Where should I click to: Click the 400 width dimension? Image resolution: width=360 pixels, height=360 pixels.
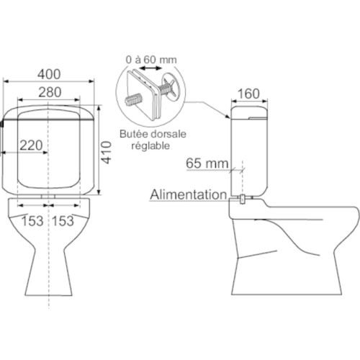[49, 74]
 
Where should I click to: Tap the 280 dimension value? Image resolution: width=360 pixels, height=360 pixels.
[50, 92]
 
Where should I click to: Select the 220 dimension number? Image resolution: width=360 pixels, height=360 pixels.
[31, 145]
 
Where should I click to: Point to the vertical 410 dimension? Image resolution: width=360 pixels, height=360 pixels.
[107, 153]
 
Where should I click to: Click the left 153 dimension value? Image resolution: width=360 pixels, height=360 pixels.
[32, 221]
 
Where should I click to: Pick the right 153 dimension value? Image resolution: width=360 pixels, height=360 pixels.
[63, 221]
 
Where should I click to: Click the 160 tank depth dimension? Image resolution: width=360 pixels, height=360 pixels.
[248, 94]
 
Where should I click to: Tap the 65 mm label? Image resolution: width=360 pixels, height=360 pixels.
[207, 163]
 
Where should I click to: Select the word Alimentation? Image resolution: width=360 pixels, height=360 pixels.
[189, 194]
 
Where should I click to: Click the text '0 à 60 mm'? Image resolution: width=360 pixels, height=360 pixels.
[151, 60]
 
